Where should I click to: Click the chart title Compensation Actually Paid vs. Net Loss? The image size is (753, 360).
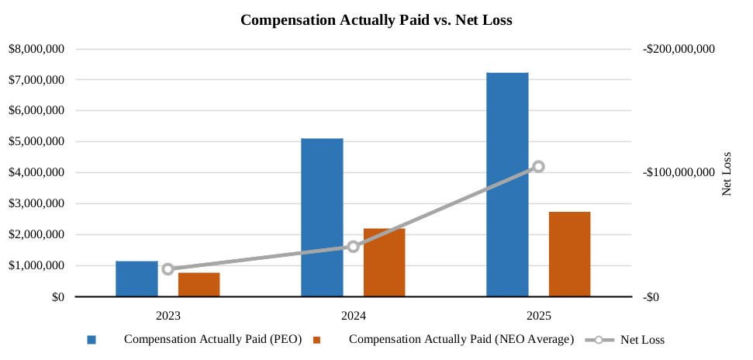(x=376, y=19)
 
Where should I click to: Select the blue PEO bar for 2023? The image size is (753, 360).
(x=136, y=279)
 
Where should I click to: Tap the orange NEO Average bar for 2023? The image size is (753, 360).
(x=199, y=285)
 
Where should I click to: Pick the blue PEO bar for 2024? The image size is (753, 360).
(x=322, y=217)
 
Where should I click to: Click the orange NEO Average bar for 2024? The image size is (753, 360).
(x=384, y=262)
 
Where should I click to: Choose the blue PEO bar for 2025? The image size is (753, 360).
(x=507, y=185)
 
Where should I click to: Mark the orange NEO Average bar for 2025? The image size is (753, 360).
(x=569, y=254)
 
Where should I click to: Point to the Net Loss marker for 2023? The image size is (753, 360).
(x=168, y=269)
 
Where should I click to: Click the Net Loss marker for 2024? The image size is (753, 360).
(x=353, y=247)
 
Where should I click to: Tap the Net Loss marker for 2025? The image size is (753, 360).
(x=538, y=167)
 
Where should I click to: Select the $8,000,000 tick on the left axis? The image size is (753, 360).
(x=36, y=49)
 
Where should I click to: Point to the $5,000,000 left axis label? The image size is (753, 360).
(x=36, y=142)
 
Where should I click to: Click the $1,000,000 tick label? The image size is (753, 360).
(x=36, y=265)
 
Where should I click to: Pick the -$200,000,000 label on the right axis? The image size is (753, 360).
(x=679, y=49)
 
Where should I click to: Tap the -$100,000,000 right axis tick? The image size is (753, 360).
(x=679, y=173)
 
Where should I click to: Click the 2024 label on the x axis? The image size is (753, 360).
(x=353, y=316)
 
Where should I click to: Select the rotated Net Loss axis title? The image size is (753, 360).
(x=727, y=173)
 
